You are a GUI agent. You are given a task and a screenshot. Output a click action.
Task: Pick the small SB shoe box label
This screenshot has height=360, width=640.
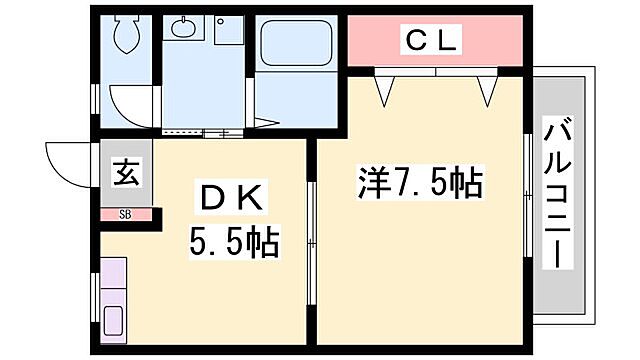tap(125, 214)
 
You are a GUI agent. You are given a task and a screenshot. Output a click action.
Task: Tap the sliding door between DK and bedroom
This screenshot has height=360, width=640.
tap(311, 240)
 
